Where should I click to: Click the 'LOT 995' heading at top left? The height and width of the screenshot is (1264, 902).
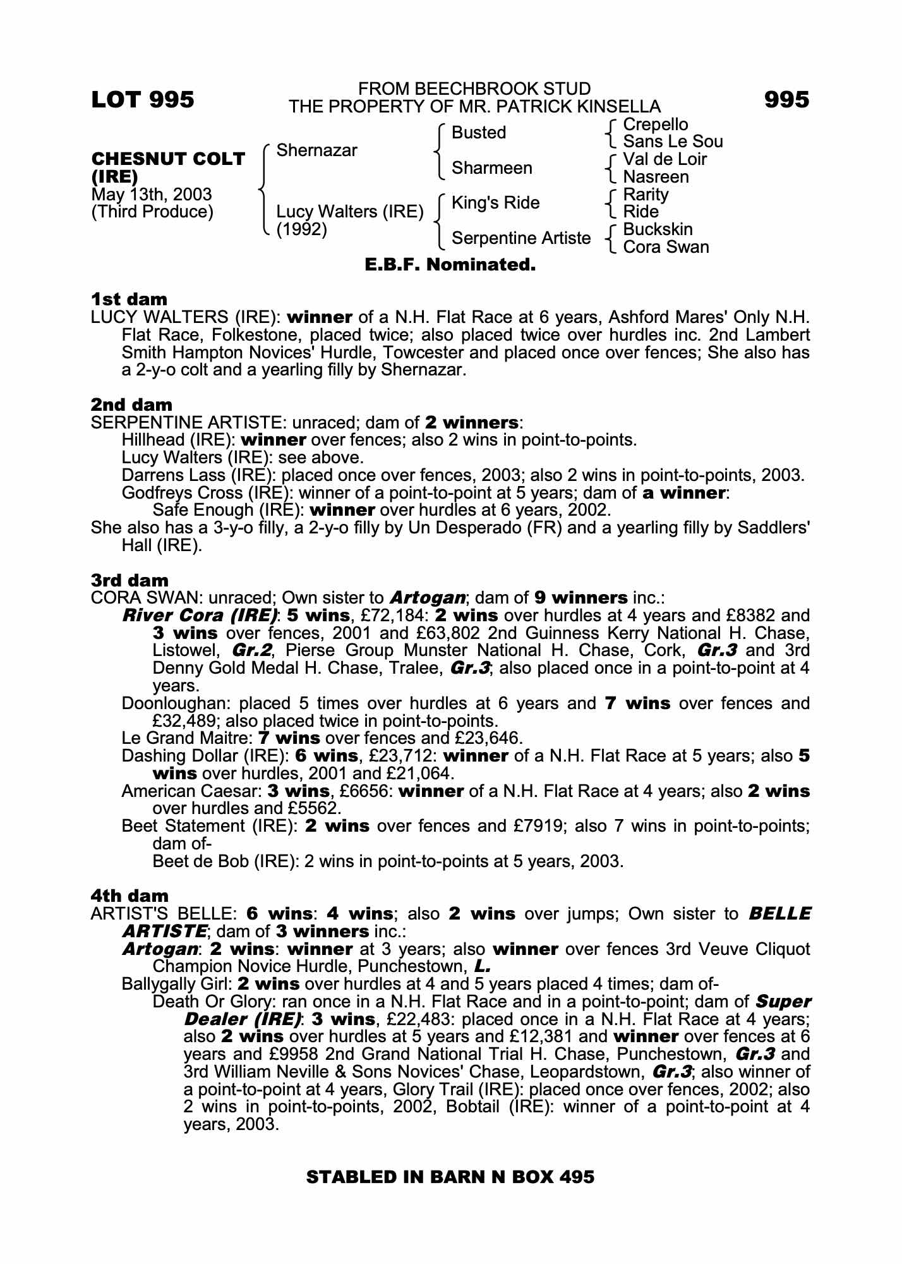coord(143,100)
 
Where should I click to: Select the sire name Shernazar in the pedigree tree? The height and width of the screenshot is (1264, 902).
coord(316,150)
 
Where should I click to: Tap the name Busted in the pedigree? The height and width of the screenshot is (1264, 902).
coord(479,133)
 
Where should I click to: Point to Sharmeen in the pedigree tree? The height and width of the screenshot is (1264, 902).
coord(492,168)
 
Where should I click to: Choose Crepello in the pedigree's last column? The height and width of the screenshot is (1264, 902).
coord(655,125)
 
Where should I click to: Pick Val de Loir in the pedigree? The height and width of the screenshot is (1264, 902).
coord(664,159)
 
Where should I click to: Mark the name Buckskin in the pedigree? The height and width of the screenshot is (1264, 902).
coord(658,229)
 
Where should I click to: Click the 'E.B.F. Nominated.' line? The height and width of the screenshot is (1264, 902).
coord(450,265)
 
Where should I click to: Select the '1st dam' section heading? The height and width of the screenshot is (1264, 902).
coord(129,299)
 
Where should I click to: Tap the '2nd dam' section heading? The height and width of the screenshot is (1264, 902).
coord(131,404)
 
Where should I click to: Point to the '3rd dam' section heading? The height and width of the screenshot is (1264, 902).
coord(130,580)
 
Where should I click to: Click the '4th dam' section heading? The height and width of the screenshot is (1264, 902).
coord(130,896)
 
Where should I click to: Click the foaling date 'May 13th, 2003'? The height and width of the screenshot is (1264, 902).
coord(152,195)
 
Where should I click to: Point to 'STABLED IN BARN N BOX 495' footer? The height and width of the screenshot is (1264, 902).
coord(450,1177)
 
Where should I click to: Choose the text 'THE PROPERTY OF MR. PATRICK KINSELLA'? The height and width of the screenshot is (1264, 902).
coord(474,107)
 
